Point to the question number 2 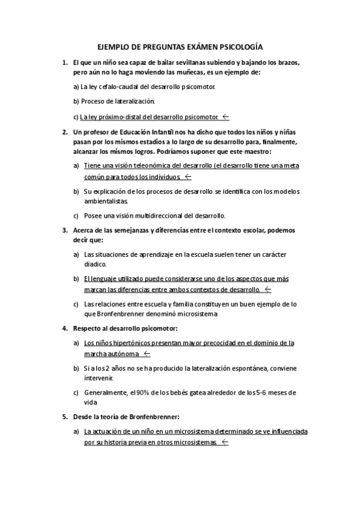[64, 131]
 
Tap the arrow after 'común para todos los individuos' [188, 177]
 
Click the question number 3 [64, 230]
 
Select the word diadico [95, 264]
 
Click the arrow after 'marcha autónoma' [147, 354]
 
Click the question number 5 [64, 417]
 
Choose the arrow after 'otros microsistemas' [224, 443]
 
